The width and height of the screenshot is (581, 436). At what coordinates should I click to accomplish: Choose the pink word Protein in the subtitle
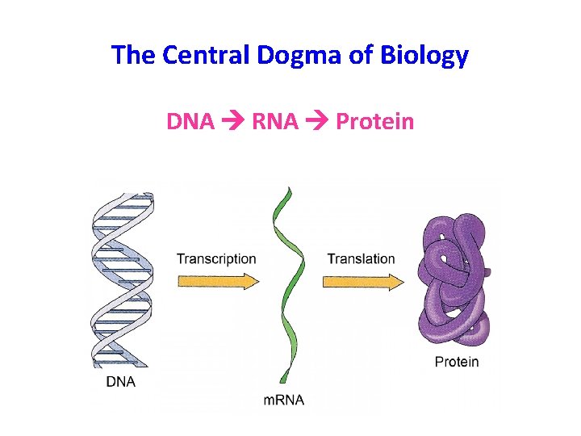pos(374,122)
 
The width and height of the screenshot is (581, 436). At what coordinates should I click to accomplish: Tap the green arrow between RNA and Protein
pos(319,123)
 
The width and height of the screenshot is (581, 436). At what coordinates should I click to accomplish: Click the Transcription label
pos(216,259)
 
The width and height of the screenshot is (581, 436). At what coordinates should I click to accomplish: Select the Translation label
pos(361,259)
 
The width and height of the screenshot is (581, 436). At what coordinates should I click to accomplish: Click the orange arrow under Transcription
pos(218,281)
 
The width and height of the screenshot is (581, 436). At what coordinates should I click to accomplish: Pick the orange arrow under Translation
pos(362,281)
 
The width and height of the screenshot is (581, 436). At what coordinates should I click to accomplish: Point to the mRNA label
pos(284,399)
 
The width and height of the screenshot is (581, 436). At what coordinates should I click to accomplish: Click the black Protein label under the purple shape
pos(457,362)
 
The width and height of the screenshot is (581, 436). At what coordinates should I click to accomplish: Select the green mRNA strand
pos(285,283)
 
